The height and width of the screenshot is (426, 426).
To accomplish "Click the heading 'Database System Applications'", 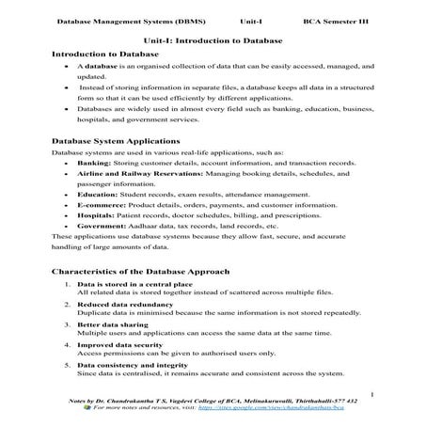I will point(111,139).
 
